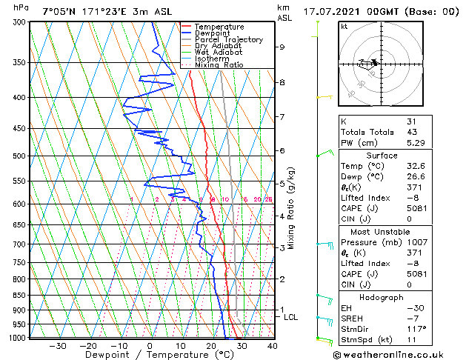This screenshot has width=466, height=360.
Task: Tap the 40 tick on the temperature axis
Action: click(272, 346)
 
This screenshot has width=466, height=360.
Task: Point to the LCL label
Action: click(291, 317)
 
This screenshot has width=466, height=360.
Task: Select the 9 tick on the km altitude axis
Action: click(282, 47)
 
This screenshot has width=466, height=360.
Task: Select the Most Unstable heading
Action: click(382, 232)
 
